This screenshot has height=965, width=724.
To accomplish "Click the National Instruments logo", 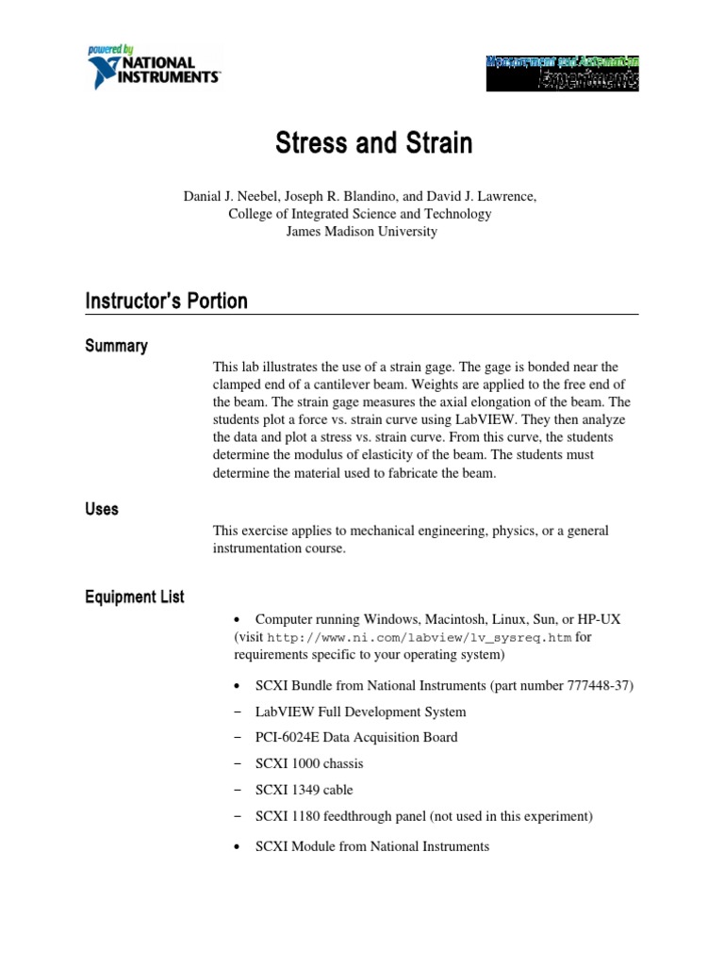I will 154,66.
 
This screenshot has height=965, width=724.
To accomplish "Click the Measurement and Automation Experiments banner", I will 562,71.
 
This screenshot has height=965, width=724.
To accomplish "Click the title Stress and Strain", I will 374,144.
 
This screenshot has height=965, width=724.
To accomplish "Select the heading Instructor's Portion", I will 167,302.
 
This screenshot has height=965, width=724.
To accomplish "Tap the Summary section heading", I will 116,346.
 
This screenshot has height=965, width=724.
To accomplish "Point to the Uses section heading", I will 102,509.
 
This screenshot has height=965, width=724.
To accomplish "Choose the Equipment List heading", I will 135,597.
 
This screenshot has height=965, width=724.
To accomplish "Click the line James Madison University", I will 361,231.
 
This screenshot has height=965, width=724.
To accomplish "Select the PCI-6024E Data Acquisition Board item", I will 356,737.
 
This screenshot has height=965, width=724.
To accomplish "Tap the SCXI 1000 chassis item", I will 309,763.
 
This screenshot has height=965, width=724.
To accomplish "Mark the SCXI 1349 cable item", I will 304,790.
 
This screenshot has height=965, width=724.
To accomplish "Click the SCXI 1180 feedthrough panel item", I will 424,816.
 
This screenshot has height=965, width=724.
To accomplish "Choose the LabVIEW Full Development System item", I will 360,711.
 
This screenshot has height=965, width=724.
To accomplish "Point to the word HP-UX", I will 597,619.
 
